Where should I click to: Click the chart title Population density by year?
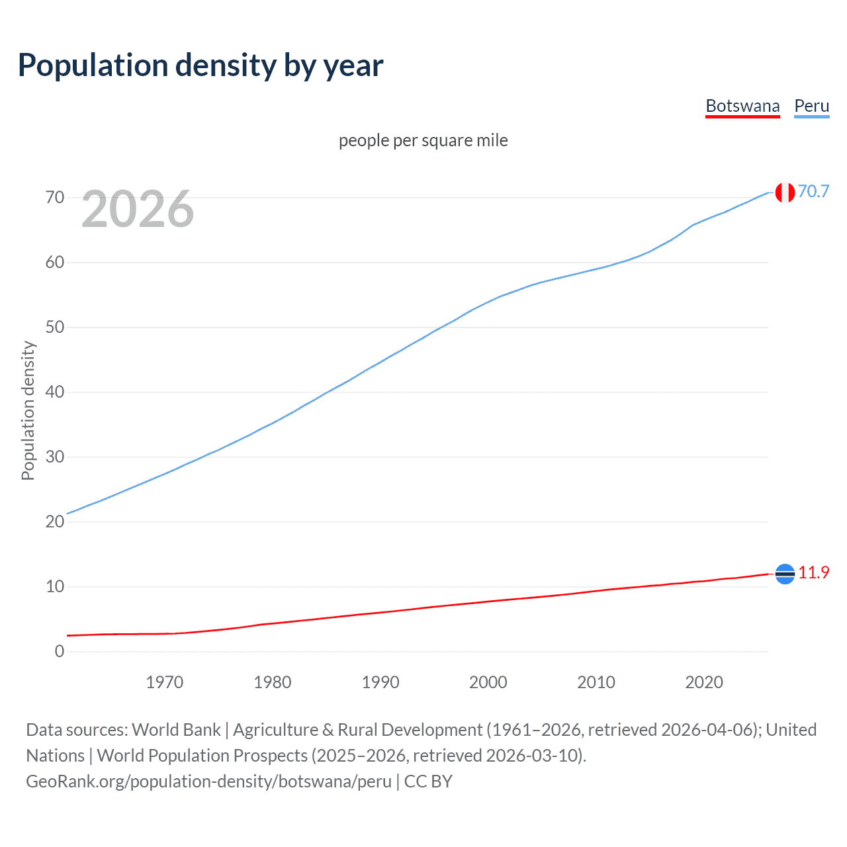[x=201, y=66]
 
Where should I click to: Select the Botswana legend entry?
[x=742, y=106]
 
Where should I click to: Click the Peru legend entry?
[x=811, y=106]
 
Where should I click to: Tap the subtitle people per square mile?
[x=423, y=140]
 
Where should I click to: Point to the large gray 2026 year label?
[x=138, y=209]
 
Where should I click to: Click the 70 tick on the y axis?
[x=55, y=197]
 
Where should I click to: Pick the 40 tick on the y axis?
[x=55, y=392]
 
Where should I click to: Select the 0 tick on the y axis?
[x=60, y=651]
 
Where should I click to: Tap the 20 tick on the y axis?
[x=55, y=521]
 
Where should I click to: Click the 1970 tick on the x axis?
[x=164, y=682]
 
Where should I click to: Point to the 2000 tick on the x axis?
[x=488, y=682]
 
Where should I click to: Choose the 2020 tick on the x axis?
[x=703, y=682]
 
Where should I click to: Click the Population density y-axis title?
[x=28, y=410]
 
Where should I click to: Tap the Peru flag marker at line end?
[x=785, y=193]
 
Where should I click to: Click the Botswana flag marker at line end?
[x=785, y=574]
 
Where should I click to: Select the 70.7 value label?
[x=813, y=191]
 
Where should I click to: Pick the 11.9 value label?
[x=813, y=572]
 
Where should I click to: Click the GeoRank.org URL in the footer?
[x=208, y=781]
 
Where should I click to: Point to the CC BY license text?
[x=428, y=781]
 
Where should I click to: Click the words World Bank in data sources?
[x=176, y=729]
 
